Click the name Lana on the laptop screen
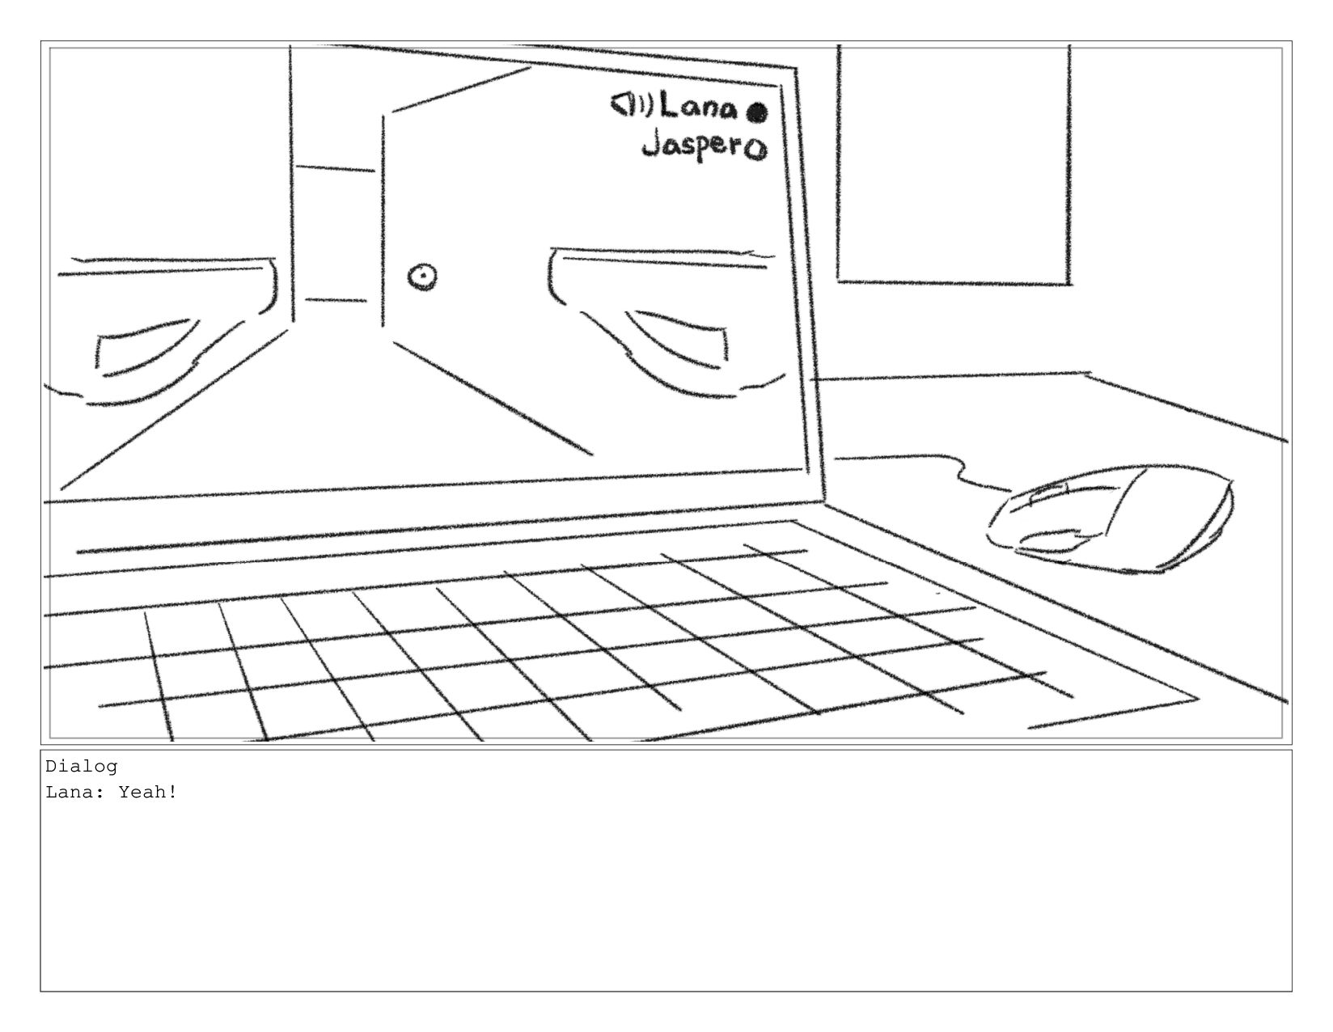(x=699, y=107)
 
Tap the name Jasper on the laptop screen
(x=692, y=147)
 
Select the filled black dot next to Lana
(x=756, y=112)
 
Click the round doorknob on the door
(x=422, y=277)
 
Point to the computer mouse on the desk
(x=1116, y=518)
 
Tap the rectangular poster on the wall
(x=954, y=162)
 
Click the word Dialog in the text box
(x=81, y=766)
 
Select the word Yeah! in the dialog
(x=148, y=792)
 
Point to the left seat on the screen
(x=162, y=324)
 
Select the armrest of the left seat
(x=146, y=348)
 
